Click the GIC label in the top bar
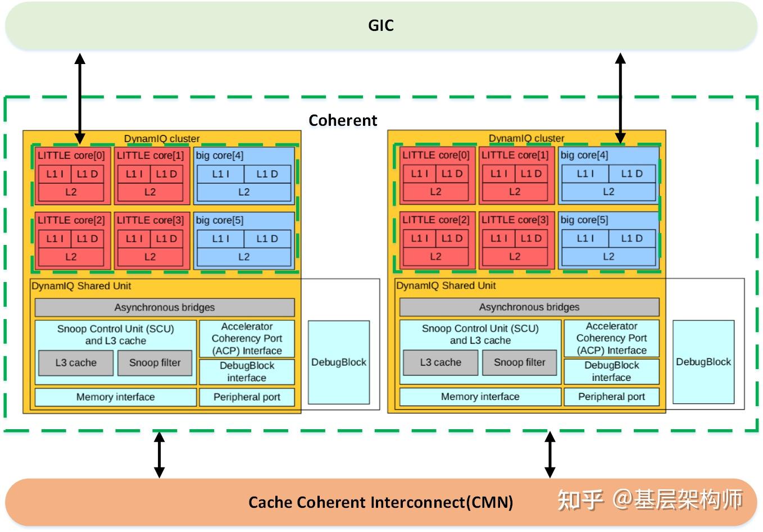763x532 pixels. [381, 25]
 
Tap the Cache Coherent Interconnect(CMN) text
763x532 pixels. [380, 502]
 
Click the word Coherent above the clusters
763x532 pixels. [343, 120]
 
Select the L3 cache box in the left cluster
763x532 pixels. [76, 363]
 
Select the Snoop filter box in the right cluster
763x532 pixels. [519, 362]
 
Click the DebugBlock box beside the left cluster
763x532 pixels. [339, 362]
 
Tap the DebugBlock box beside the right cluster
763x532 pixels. [703, 362]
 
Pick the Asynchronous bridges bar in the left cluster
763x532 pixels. [165, 307]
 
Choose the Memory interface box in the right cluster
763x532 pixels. [480, 397]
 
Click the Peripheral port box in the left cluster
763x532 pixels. [247, 397]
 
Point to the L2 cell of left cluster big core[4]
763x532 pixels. [244, 192]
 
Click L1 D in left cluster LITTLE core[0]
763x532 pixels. [87, 174]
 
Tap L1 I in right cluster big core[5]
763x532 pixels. [585, 238]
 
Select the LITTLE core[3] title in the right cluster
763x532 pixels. [515, 220]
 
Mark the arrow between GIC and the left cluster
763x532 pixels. [80, 98]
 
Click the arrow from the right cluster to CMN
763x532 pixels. [550, 454]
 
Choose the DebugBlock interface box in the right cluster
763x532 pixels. [611, 371]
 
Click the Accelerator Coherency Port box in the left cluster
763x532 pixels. [247, 338]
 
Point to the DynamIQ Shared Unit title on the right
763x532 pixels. [446, 285]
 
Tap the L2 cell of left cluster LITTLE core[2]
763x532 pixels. [71, 257]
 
